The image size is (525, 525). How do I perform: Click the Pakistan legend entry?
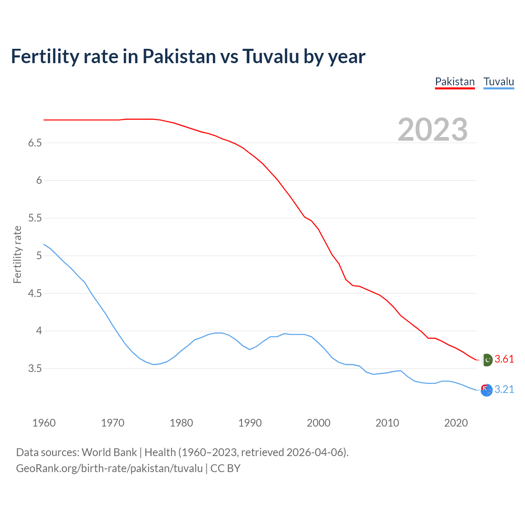(x=454, y=82)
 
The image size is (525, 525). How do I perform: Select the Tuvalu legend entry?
(x=498, y=82)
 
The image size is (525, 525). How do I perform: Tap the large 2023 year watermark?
(x=433, y=130)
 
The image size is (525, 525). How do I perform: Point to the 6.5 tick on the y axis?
(x=35, y=143)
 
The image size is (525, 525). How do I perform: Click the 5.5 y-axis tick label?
(x=35, y=218)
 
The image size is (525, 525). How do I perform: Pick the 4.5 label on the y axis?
(x=35, y=293)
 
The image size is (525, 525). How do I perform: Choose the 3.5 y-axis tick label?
(x=35, y=368)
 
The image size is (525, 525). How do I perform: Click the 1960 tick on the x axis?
(x=44, y=423)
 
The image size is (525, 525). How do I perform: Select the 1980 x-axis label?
(x=181, y=423)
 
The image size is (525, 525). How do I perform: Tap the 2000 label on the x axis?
(x=319, y=423)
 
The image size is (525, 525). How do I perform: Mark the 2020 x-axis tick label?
(x=456, y=423)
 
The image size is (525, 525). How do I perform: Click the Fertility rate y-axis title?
(x=17, y=254)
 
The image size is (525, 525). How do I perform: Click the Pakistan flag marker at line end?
(x=486, y=360)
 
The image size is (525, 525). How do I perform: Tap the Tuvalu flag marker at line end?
(x=486, y=390)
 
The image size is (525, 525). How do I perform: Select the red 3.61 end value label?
(x=504, y=359)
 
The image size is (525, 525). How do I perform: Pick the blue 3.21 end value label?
(x=504, y=390)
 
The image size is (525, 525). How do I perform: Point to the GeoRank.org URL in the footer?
(x=109, y=468)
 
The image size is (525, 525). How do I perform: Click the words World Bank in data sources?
(x=109, y=452)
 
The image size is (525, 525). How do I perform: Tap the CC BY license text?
(x=225, y=468)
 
